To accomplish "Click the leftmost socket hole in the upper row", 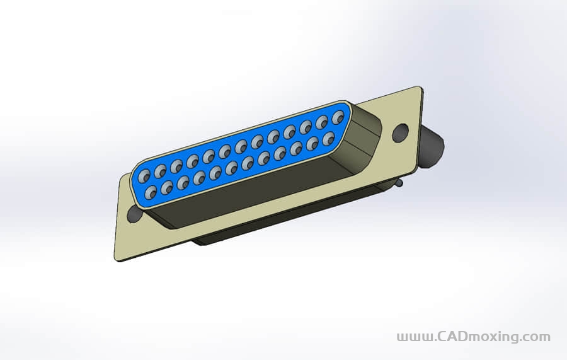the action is pyautogui.click(x=144, y=176).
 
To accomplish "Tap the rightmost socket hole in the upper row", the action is pyautogui.click(x=338, y=117).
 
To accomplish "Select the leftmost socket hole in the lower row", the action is pyautogui.click(x=151, y=192).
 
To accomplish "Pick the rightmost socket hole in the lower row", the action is pyautogui.click(x=328, y=138).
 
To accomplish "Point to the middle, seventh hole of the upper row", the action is pyautogui.click(x=241, y=146).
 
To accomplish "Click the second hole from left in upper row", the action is pyautogui.click(x=160, y=171).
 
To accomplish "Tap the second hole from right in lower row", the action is pyautogui.click(x=312, y=143).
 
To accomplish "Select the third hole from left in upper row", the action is pyautogui.click(x=176, y=166).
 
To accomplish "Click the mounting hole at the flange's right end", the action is pyautogui.click(x=400, y=132).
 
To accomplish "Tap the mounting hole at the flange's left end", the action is pyautogui.click(x=135, y=212).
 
